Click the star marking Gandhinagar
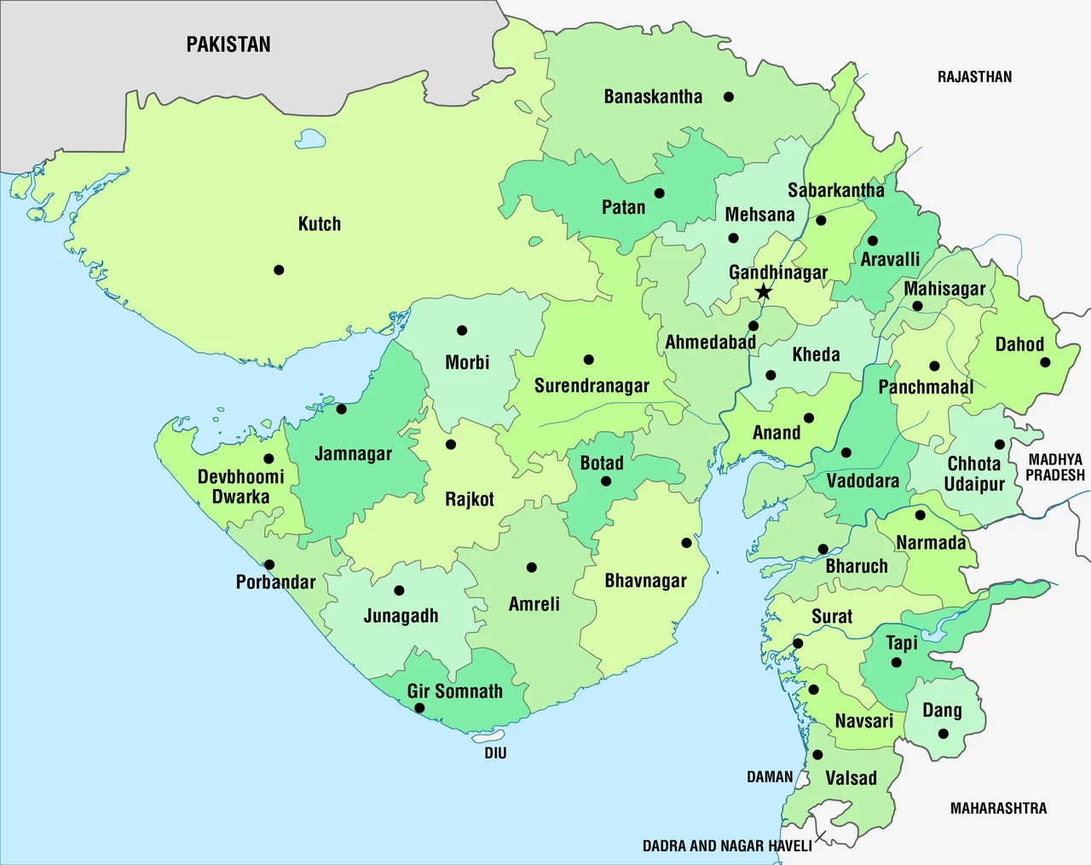[764, 292]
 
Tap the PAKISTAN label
[228, 44]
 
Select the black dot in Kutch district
[279, 270]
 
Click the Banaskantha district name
[653, 97]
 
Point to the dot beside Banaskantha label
[729, 97]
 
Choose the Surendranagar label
[592, 386]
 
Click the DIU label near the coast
[495, 753]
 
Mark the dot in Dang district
[943, 734]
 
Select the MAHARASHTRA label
[998, 808]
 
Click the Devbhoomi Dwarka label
[241, 487]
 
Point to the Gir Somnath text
[454, 691]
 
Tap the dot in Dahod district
[1046, 362]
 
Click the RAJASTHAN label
[974, 77]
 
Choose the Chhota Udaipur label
[974, 474]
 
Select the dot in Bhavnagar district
[687, 543]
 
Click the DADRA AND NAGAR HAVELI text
[727, 846]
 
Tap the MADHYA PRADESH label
[1055, 467]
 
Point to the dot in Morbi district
[462, 331]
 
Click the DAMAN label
[770, 777]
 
